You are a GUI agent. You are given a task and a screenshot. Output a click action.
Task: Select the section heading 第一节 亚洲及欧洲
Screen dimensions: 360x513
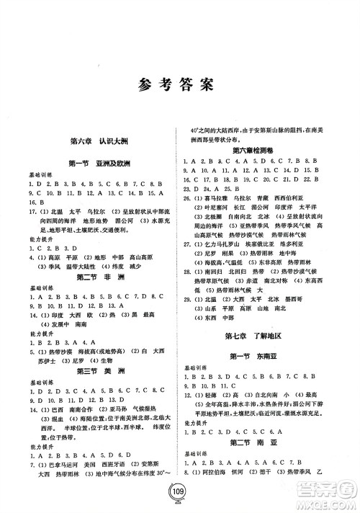[x=94, y=164]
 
